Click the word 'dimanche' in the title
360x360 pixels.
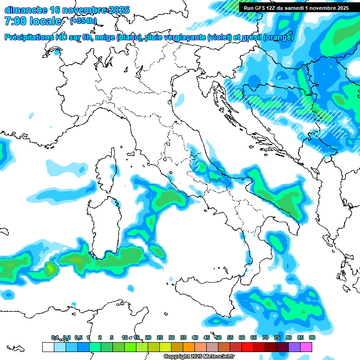click(x=26, y=10)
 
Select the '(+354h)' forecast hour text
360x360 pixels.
click(x=83, y=21)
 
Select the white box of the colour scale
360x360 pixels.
click(x=48, y=347)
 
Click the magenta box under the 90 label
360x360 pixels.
click(x=306, y=347)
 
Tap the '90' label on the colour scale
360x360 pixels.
click(x=312, y=337)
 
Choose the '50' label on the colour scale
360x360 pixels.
click(x=218, y=337)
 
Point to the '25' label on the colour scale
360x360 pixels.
click(x=160, y=337)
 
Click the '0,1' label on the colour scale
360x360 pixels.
click(x=55, y=337)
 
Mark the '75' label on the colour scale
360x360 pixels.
click(x=277, y=337)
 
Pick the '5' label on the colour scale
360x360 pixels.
click(x=112, y=337)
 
